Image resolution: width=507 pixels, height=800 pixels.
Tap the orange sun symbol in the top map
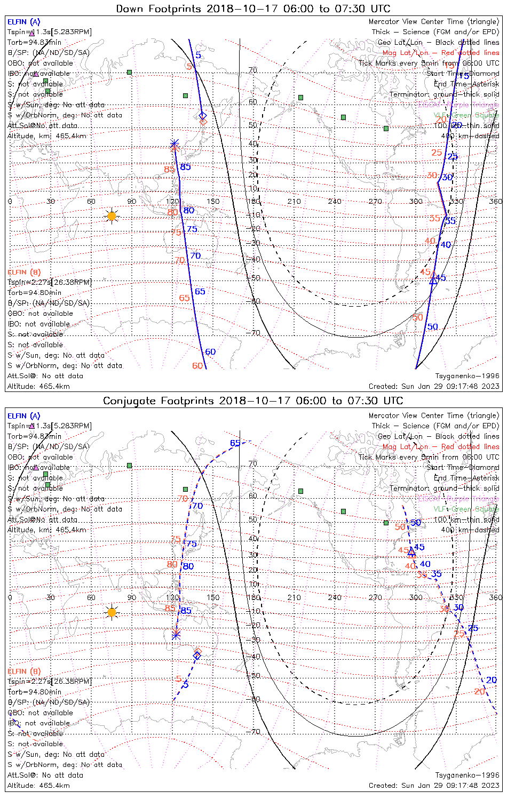point(112,216)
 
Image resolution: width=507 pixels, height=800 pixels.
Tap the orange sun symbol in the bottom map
point(112,612)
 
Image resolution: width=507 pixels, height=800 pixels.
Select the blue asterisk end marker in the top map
point(175,143)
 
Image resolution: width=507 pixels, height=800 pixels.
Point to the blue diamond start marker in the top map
point(202,115)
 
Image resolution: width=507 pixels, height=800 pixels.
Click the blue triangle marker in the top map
point(433,281)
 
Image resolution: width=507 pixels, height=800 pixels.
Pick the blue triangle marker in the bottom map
point(411,553)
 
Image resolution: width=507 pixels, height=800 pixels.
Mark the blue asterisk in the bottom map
point(176,635)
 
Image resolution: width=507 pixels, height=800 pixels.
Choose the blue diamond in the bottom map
point(197,655)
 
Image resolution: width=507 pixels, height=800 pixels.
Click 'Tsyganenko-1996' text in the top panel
point(467,376)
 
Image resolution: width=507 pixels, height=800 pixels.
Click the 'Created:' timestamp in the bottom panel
point(434,785)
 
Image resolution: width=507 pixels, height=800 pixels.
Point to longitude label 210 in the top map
point(294,201)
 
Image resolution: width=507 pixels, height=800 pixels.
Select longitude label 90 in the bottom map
point(132,597)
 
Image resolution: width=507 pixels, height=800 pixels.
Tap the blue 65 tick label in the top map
point(200,291)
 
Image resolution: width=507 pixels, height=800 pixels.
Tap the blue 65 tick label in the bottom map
point(235,443)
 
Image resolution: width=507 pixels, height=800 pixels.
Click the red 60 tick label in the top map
point(197,366)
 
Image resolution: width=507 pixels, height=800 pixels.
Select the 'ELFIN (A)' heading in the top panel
point(23,22)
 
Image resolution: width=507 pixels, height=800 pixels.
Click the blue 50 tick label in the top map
point(432,327)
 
